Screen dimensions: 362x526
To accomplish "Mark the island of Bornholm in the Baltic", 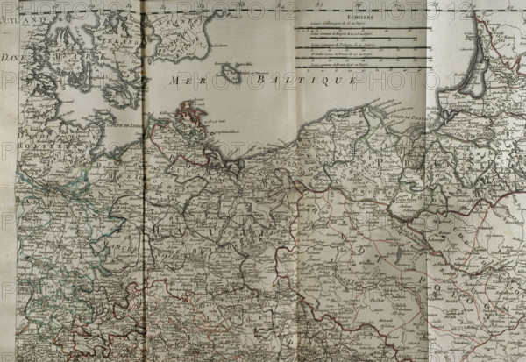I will [231, 74].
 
